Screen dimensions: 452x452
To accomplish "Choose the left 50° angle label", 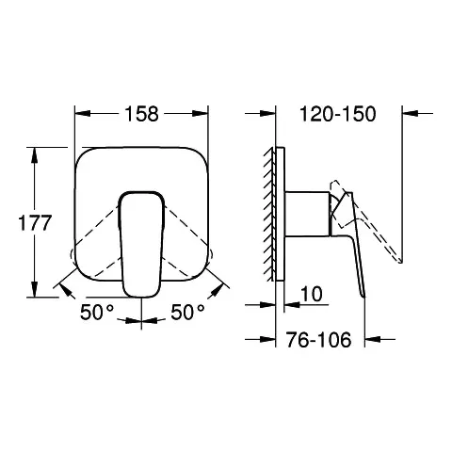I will (x=94, y=312).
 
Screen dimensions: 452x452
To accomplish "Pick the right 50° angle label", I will (x=188, y=312).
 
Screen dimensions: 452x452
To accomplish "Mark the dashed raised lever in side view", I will (x=372, y=221).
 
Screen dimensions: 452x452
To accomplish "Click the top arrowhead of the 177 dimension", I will (x=35, y=151).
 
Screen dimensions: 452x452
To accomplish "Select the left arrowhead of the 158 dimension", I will (x=79, y=114).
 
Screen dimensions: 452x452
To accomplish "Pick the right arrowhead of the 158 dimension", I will (x=202, y=114).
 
